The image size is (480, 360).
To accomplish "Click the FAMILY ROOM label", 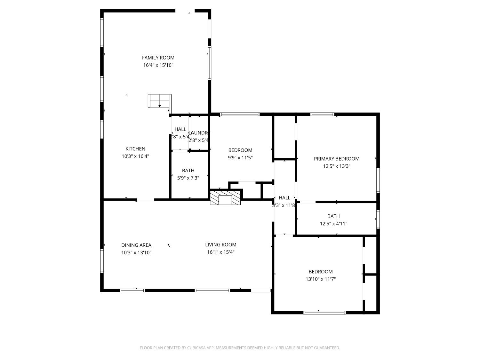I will coord(158,58).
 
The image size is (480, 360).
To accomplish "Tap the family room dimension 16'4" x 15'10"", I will coord(158,65).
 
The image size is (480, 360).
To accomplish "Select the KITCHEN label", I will coord(135,149).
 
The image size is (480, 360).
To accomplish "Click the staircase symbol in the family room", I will coord(159,101).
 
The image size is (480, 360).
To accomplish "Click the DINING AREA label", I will coord(136,245).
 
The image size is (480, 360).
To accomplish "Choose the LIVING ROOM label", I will coord(220,245).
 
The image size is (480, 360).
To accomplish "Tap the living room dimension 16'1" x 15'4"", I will coord(220,252).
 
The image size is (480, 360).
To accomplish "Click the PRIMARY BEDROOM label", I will coord(336,159).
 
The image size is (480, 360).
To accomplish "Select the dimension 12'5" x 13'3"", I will coord(336,166).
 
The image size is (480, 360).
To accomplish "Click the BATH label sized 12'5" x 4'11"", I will coord(333,216).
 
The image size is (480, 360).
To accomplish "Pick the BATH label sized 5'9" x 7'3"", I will coord(188,171).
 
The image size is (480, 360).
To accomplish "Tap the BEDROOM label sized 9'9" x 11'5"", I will coord(240,150).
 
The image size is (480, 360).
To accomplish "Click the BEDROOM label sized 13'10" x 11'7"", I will coord(320,272).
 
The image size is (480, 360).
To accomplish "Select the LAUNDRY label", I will coord(199,133).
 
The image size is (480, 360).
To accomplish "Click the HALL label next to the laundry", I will coord(180,129).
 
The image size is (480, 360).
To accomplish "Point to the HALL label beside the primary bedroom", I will coord(284,198).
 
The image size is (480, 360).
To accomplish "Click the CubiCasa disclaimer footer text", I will coord(240,348).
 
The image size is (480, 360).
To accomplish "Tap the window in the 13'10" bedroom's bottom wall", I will coord(324,312).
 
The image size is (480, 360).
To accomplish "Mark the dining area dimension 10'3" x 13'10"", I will coord(136,252).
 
